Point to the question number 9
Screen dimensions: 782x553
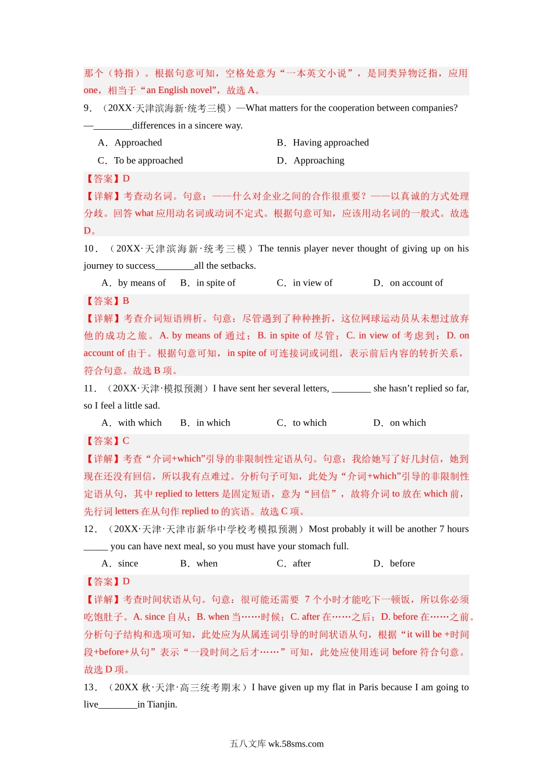[87, 108]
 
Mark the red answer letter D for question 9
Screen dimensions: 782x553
[126, 179]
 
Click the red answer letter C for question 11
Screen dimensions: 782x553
[126, 441]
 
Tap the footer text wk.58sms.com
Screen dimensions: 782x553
[296, 744]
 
